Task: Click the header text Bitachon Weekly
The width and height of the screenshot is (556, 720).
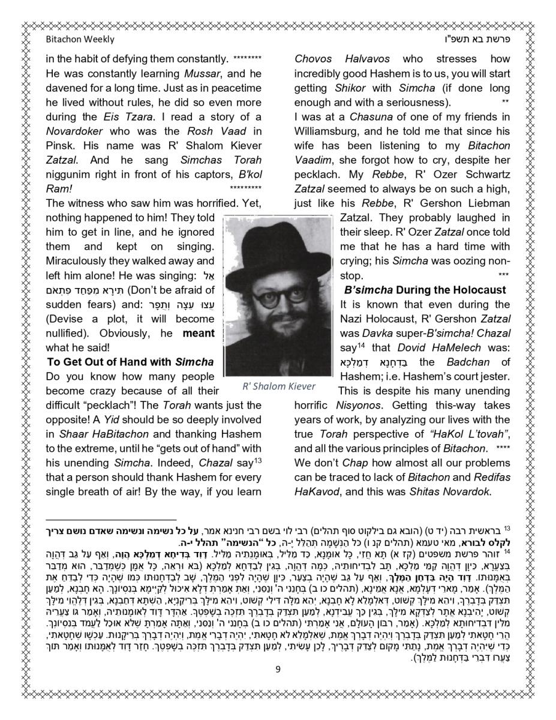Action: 80,40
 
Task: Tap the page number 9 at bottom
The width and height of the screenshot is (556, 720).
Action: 278,670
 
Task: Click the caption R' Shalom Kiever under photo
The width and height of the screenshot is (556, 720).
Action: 278,386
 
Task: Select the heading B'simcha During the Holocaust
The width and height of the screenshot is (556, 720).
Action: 425,290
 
